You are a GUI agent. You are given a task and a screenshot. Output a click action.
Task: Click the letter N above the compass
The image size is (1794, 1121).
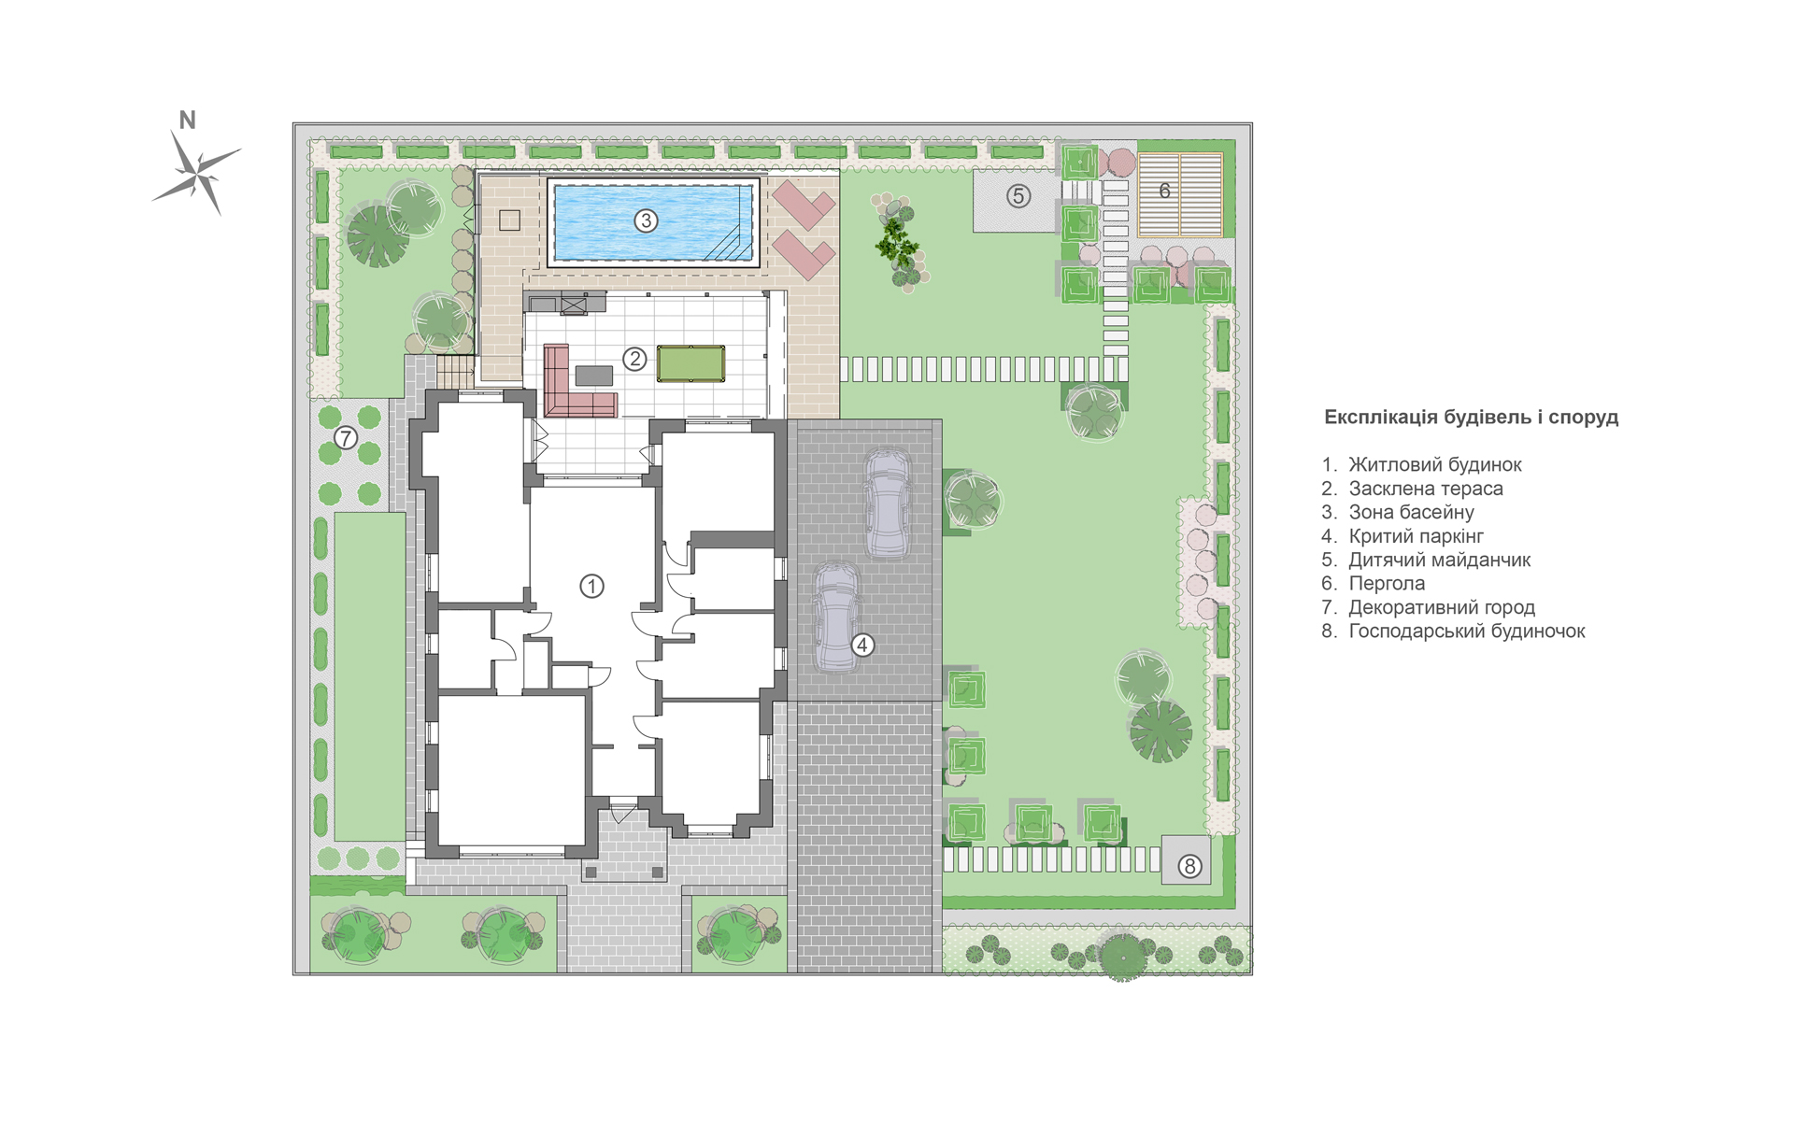[187, 120]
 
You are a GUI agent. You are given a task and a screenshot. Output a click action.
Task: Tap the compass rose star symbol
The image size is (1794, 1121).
[198, 173]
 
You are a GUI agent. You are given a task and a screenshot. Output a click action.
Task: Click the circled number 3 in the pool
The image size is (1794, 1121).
[646, 220]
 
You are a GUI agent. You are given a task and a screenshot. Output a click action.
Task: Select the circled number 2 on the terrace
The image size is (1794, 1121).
[634, 359]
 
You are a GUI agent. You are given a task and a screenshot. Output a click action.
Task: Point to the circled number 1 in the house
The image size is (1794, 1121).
[591, 586]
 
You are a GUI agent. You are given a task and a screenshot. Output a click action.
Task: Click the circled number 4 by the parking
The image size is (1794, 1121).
[862, 645]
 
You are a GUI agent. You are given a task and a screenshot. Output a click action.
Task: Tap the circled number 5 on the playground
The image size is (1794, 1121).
[1018, 196]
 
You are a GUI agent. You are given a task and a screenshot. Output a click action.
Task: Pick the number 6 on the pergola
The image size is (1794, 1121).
[1164, 191]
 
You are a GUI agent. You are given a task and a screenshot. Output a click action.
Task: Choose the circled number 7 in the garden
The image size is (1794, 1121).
[346, 437]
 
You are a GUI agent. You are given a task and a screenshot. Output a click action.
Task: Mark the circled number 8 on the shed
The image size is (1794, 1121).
[1189, 866]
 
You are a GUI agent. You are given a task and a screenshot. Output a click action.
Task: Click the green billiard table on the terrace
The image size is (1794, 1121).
[691, 363]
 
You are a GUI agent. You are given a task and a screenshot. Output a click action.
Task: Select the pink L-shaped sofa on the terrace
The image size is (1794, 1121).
[575, 385]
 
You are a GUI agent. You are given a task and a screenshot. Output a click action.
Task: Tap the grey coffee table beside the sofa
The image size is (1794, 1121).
[593, 376]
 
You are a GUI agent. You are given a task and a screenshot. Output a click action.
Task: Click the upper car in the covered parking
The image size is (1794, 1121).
[887, 504]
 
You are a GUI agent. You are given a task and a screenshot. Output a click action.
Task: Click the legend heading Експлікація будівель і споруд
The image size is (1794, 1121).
[1471, 418]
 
